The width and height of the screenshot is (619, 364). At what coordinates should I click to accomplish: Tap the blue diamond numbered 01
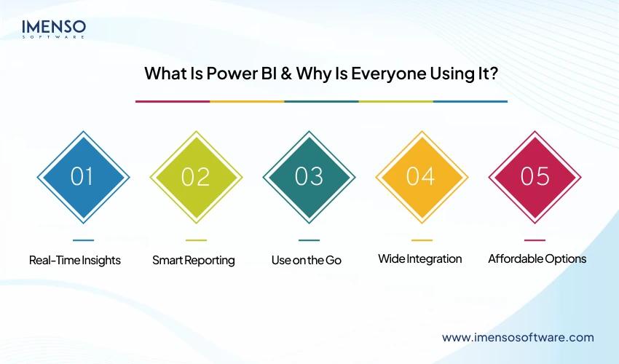83,177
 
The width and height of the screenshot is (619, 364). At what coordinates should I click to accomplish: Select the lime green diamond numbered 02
196,177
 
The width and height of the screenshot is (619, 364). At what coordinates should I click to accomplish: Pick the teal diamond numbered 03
309,177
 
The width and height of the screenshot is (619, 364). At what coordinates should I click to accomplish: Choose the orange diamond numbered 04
422,177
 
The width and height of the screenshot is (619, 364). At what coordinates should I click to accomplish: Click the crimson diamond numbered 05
535,177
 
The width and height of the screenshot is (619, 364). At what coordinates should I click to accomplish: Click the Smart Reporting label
194,260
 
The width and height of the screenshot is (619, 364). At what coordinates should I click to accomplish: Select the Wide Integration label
419,259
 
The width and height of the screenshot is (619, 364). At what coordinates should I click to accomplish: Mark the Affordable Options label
537,259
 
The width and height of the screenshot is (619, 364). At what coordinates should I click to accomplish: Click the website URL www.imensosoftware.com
518,337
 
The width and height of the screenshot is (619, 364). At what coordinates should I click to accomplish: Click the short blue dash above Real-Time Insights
83,240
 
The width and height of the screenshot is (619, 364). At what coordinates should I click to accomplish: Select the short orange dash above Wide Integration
422,240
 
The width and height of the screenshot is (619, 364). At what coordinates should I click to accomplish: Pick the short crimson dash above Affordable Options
535,240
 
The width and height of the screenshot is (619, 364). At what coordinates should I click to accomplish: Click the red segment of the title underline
173,101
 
